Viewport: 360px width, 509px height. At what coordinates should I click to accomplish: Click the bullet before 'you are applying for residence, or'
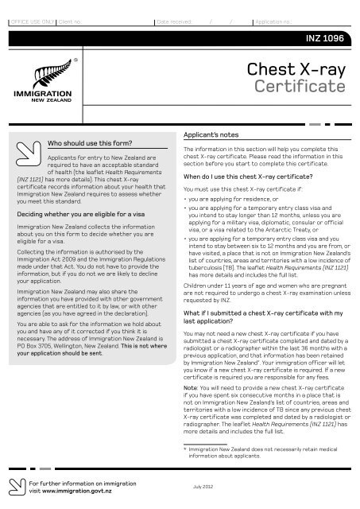tap(185, 200)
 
